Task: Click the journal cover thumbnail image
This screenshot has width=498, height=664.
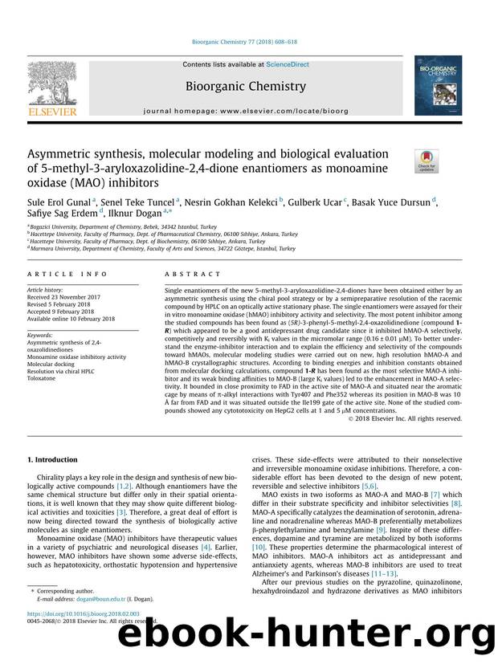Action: point(438,88)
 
